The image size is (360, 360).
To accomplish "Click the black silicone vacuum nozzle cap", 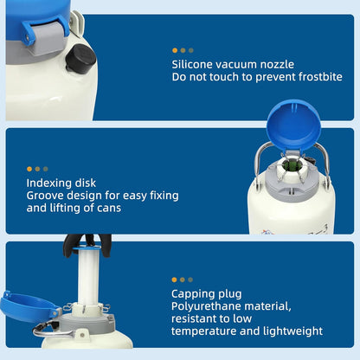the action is [x=80, y=59].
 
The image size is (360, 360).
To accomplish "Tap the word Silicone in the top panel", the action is [x=192, y=64].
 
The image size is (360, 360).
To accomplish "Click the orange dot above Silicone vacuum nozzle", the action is [x=175, y=50].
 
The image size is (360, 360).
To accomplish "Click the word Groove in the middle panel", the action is [x=44, y=196].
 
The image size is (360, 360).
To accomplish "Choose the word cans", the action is [x=109, y=208].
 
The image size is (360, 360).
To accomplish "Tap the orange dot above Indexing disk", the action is [x=29, y=169].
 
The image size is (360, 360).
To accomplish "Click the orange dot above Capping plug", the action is [x=174, y=280].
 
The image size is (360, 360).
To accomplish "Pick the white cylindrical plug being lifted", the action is [x=88, y=276].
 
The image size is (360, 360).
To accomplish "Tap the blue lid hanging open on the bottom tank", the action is [x=28, y=306].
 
